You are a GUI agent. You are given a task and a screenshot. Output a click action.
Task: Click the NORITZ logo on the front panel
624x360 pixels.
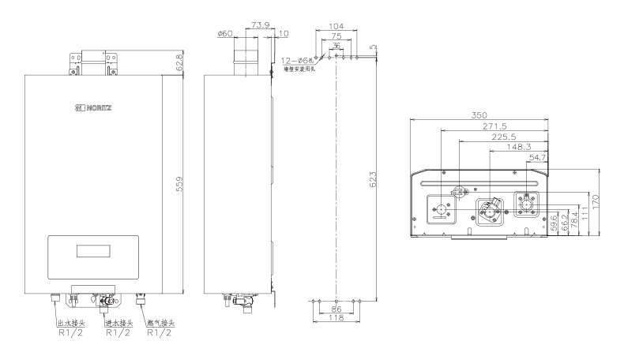click(94, 107)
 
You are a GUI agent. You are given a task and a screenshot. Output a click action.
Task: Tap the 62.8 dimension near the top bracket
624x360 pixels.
click(179, 62)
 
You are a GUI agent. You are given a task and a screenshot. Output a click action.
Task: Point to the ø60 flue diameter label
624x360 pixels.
click(223, 35)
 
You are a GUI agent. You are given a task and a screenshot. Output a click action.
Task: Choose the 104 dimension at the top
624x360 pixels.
click(336, 26)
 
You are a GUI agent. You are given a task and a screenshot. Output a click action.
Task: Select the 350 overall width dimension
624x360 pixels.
click(478, 115)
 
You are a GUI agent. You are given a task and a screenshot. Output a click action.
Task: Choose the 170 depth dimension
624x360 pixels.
click(605, 202)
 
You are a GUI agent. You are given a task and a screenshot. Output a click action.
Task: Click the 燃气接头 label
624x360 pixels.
click(161, 322)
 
